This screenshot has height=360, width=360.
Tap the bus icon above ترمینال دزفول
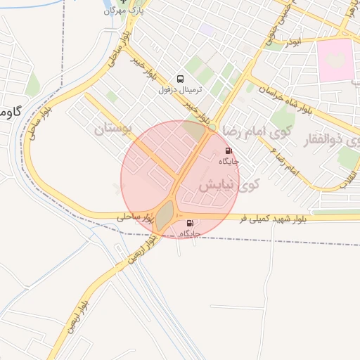[181, 79]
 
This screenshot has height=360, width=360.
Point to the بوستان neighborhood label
[112, 129]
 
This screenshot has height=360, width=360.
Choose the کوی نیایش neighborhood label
[229, 186]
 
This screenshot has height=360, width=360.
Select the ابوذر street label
[290, 43]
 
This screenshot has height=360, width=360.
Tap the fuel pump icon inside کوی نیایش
[228, 150]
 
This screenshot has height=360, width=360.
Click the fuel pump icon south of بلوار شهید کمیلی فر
[190, 222]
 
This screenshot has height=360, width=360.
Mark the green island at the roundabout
[165, 215]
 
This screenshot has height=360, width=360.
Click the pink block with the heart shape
[336, 60]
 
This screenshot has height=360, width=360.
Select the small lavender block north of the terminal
[207, 30]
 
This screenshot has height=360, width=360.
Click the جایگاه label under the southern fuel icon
[190, 233]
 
